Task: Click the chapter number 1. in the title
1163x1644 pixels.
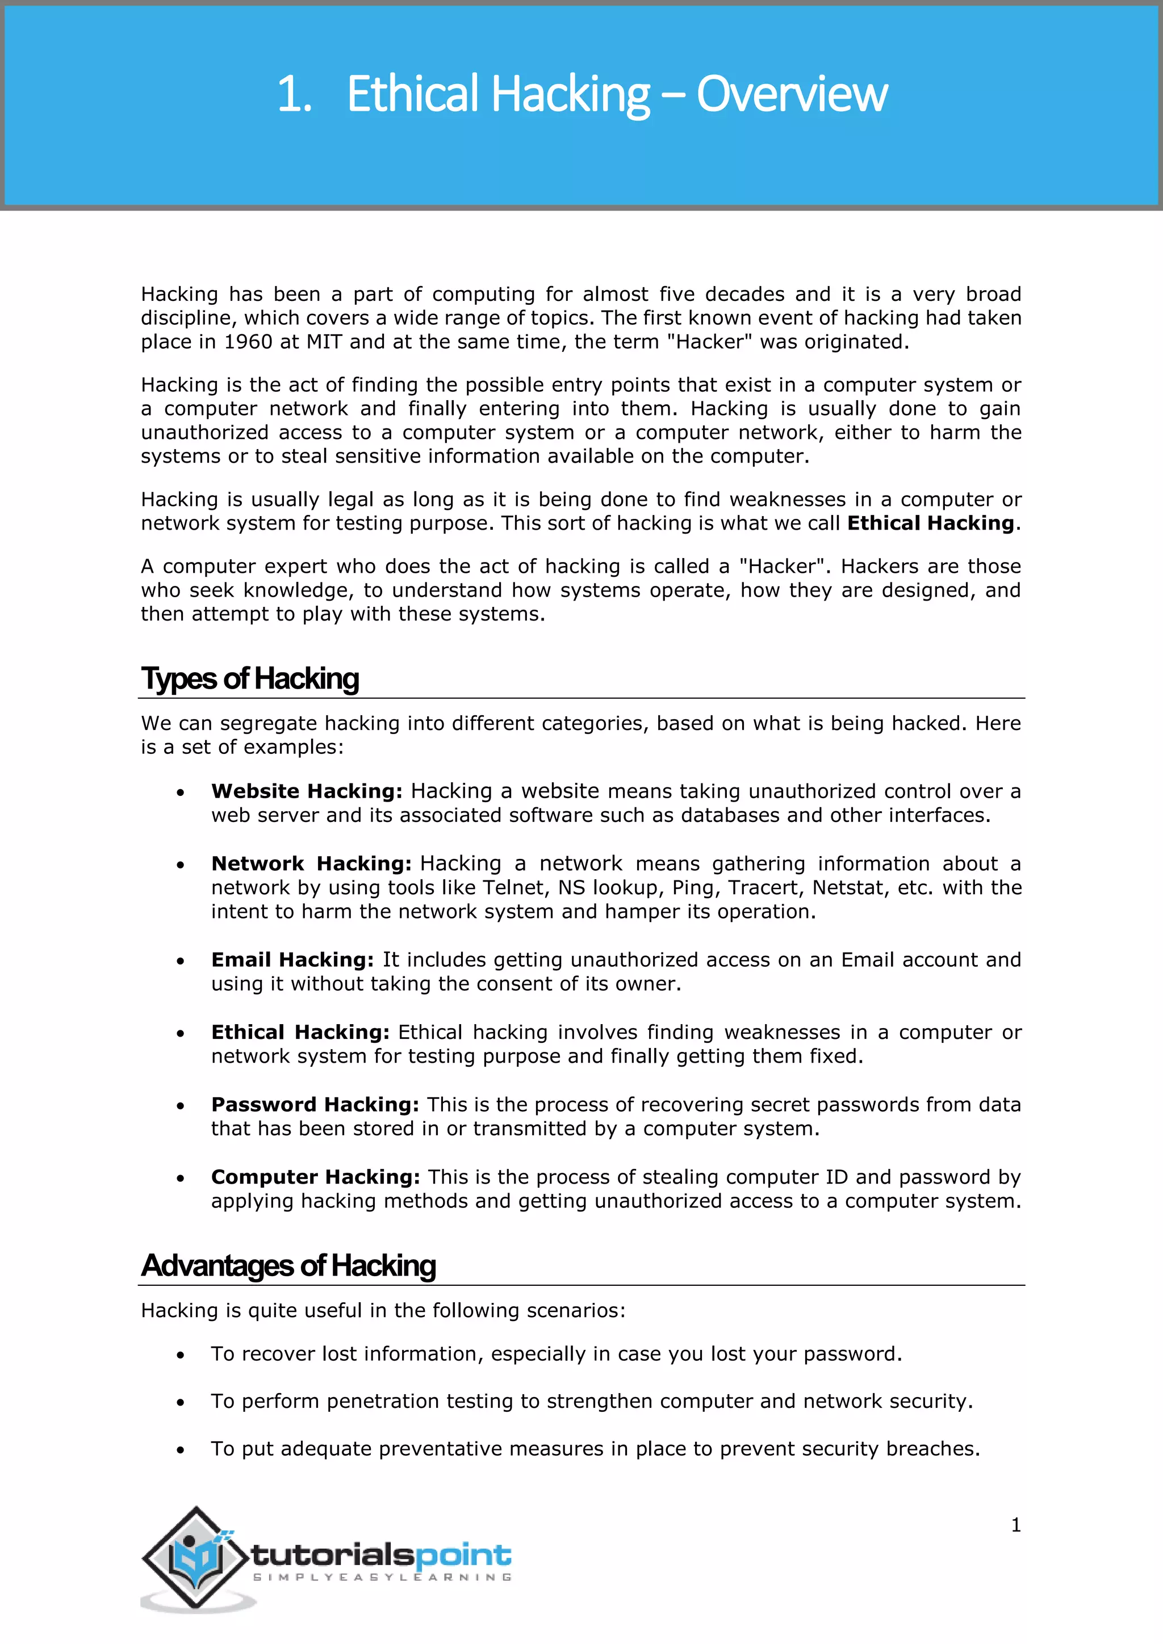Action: pos(294,94)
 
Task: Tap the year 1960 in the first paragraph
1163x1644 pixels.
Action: pos(248,342)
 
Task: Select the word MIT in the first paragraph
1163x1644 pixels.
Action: pos(324,342)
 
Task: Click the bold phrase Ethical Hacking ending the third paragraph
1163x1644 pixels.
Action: pos(930,523)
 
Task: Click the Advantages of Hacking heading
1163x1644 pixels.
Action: pos(288,1265)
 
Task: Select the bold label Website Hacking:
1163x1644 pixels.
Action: pos(307,791)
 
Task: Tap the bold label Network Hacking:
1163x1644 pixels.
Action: pos(311,863)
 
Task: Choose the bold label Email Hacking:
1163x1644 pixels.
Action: pos(292,959)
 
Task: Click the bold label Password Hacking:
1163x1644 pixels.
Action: pos(315,1104)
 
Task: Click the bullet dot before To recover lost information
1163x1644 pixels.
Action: pos(181,1354)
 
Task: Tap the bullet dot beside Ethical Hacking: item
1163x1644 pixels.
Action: pos(181,1033)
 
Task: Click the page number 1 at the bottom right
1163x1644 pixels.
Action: pos(1015,1525)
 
